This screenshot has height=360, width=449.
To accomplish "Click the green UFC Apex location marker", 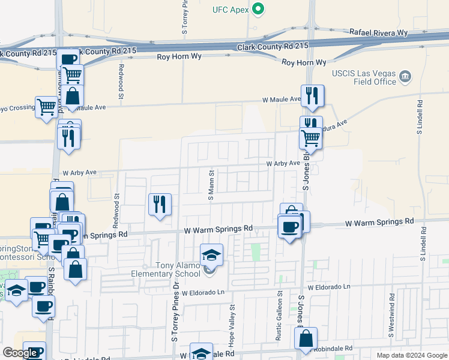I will click(259, 9).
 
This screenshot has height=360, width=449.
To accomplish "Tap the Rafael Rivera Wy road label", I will click(378, 32).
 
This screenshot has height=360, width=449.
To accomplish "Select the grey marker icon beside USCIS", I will click(406, 76).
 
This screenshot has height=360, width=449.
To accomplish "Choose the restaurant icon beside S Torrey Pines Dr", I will click(160, 205).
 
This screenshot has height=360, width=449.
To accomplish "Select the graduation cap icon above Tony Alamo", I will click(211, 255).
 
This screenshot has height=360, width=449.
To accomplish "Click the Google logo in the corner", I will click(19, 353).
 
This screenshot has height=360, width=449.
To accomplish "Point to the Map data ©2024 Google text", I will click(411, 355).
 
